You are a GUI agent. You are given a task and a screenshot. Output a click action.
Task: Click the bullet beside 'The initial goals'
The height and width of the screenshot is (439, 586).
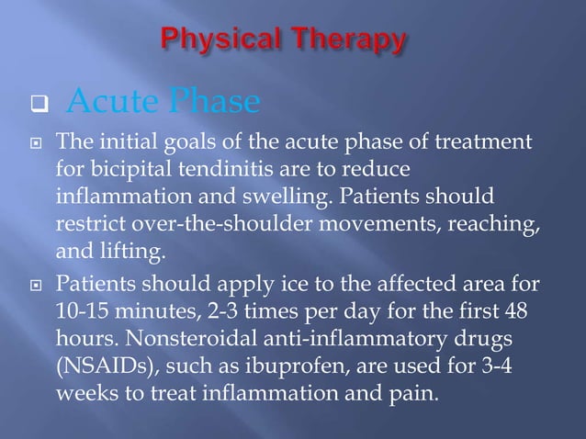(x=38, y=144)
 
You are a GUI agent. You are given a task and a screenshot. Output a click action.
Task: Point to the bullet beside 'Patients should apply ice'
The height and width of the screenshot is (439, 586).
(x=38, y=286)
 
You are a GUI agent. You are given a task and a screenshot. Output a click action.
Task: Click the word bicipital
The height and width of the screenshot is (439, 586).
(x=130, y=171)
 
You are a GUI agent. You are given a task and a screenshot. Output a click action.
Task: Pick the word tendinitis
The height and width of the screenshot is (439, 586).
(x=220, y=171)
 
